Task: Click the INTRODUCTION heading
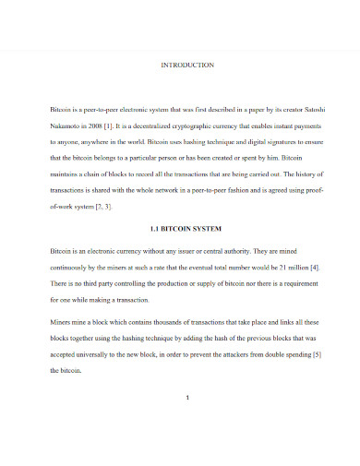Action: pos(187,66)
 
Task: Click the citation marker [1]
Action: pos(127,126)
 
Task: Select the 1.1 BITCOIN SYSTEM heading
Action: pos(187,227)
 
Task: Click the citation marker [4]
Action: pos(315,267)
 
